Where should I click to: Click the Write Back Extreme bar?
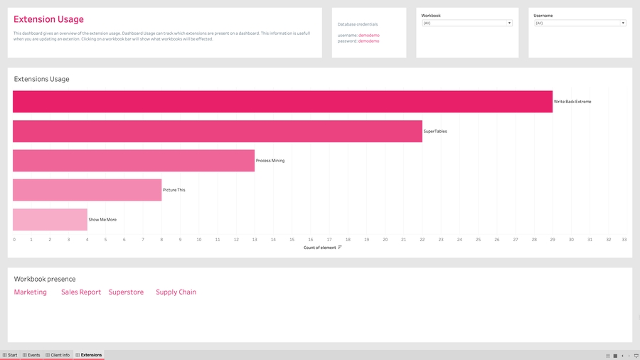pos(282,102)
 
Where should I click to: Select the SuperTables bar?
pos(217,131)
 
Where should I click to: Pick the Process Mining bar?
pos(133,161)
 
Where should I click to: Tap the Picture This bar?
pos(87,190)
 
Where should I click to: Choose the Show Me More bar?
pos(50,219)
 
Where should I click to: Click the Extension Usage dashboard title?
pos(48,20)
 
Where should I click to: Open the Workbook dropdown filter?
pos(466,23)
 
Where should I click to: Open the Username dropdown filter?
pos(580,23)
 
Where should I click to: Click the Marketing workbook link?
pos(31,292)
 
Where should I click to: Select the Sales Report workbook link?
pos(81,292)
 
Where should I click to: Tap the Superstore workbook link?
pos(126,292)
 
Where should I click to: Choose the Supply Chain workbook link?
pos(176,292)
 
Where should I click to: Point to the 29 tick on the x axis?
pos(553,240)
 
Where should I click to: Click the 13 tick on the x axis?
pos(255,240)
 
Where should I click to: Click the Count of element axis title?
pos(319,248)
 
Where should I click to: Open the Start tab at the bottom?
pos(10,354)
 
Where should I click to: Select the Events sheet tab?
pos(31,354)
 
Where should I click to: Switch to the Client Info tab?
pos(58,354)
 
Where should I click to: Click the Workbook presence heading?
pos(45,279)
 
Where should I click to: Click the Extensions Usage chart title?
pos(42,79)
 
